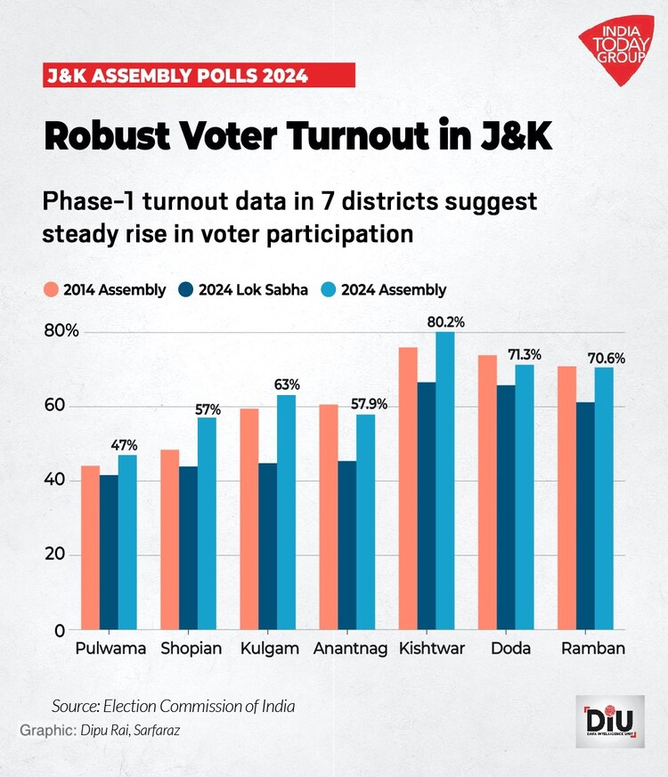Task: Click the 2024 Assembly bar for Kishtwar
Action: pos(445,481)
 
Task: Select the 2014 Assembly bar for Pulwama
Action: pos(90,547)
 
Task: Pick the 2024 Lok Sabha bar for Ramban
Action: pos(585,516)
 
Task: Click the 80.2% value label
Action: pos(446,321)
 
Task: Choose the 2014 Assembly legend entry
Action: pos(104,289)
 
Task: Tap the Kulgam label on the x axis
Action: pos(268,649)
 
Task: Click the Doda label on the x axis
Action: pos(510,649)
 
